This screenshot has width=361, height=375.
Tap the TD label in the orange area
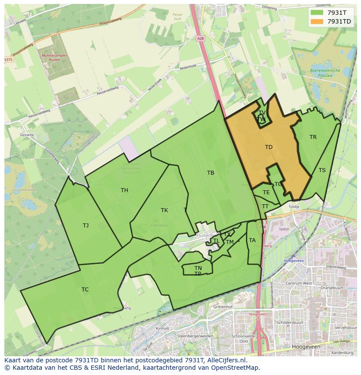(269, 147)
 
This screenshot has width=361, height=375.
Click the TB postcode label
(211, 173)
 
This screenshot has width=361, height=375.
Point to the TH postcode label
(124, 190)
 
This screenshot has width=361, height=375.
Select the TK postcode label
(164, 210)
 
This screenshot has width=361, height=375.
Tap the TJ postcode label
(85, 226)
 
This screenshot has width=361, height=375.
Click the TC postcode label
(85, 290)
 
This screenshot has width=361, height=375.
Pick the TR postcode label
(313, 137)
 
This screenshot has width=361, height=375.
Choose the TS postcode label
(322, 170)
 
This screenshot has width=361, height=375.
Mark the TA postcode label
(252, 240)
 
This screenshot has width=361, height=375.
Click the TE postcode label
(266, 193)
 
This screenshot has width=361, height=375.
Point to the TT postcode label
(265, 206)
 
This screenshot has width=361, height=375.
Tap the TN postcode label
(198, 268)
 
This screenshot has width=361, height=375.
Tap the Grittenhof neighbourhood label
(223, 307)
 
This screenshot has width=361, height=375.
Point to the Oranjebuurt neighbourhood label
(332, 288)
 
